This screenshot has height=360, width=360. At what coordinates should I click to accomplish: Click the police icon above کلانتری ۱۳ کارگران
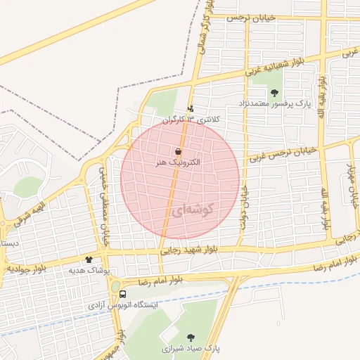(191, 109)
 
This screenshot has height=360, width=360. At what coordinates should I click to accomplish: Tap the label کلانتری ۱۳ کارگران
(192, 120)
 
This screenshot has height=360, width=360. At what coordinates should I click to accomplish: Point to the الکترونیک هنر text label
(179, 162)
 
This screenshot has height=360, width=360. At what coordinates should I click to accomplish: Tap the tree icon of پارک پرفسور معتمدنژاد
(274, 93)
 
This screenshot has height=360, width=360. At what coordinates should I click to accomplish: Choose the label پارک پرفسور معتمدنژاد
(278, 105)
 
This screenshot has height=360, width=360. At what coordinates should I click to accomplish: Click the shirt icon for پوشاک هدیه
(89, 259)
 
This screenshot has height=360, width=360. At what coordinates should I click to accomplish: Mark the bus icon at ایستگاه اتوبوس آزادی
(123, 295)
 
